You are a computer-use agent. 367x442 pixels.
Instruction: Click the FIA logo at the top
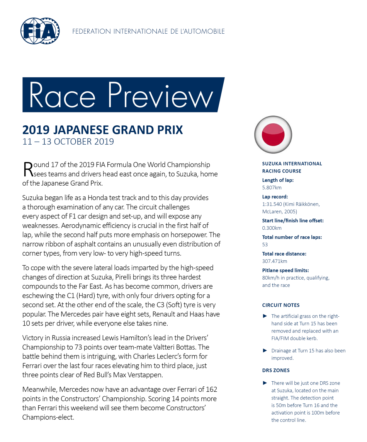(40, 31)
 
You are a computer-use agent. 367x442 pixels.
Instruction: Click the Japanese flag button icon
(273, 135)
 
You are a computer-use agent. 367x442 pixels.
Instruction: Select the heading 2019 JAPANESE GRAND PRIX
(102, 130)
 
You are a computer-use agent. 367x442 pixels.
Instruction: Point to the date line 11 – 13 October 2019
(68, 142)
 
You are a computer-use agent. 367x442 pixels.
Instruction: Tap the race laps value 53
(265, 244)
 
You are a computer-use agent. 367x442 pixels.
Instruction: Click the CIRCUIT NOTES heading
(280, 305)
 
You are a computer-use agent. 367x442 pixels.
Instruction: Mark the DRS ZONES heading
(276, 370)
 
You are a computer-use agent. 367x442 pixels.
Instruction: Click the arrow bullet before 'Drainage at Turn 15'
(265, 351)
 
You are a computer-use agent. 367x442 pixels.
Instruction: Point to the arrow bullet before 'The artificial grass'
(265, 316)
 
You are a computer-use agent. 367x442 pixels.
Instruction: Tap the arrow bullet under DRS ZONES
(265, 383)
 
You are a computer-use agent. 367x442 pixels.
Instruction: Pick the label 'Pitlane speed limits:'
(285, 270)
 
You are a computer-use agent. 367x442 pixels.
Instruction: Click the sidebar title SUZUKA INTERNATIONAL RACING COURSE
(292, 167)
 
